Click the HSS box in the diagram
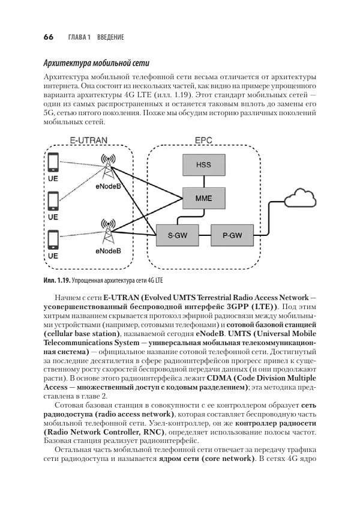pos(203,165)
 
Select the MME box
pos(203,197)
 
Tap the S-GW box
pos(175,236)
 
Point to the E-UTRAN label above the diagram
pos(88,140)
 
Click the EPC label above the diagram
pos(203,140)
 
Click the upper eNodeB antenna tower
pos(109,167)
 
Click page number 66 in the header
pos(49,37)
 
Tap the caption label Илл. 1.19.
pos(57,280)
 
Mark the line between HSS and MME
pos(203,181)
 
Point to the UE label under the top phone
pos(53,178)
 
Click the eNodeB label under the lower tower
pos(109,251)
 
